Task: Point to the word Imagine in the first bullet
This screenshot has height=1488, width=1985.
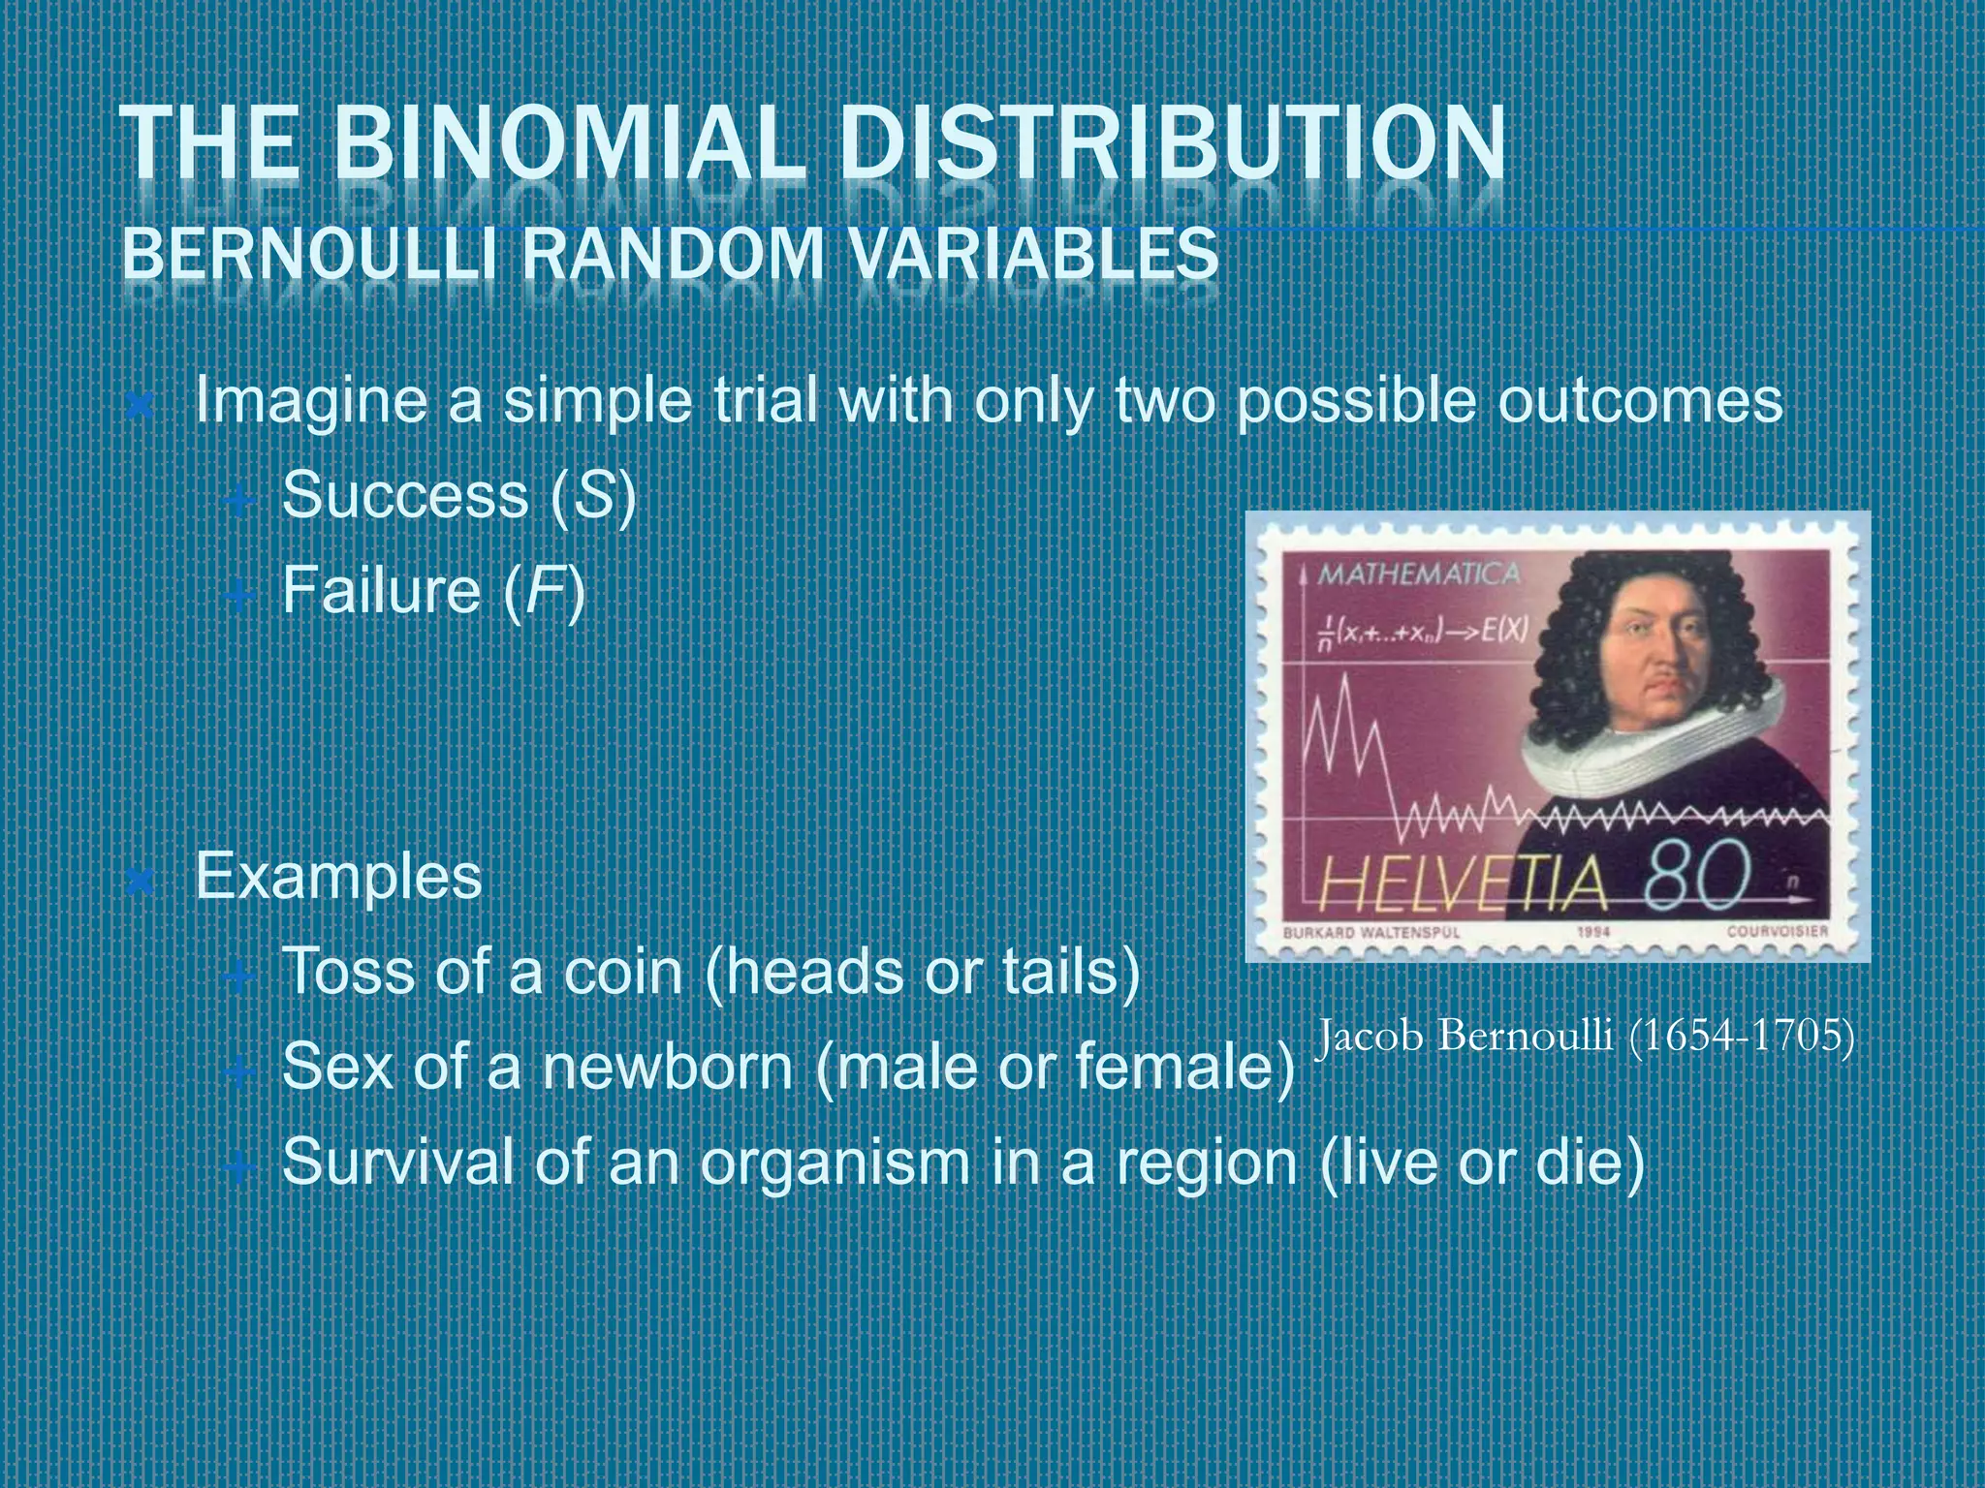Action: click(310, 402)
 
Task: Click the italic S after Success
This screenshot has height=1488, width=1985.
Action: click(594, 496)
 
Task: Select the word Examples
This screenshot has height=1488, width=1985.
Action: click(338, 877)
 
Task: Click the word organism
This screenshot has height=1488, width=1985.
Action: click(835, 1162)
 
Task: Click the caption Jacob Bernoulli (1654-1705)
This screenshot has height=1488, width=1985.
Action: click(1586, 1037)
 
